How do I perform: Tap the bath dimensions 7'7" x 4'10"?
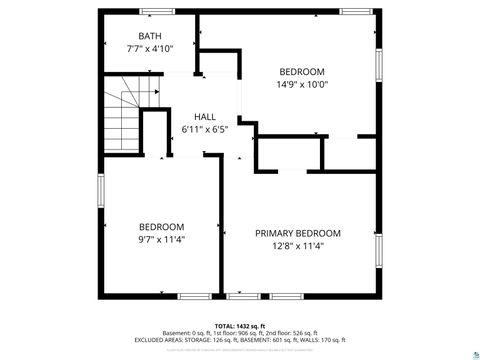point(149,48)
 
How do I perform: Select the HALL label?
point(205,117)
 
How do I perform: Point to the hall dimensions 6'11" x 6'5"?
point(205,129)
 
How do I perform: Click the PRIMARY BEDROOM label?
point(297,233)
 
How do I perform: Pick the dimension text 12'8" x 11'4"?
point(297,245)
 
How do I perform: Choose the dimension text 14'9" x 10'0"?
point(302,84)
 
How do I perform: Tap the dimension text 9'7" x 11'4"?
point(161,238)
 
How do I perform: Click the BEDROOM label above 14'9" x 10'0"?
point(302,72)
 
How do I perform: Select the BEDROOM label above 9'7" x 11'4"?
point(161,226)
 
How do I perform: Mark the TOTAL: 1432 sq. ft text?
point(239,326)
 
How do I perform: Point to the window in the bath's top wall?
point(156,11)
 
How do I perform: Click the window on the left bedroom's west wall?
point(100,190)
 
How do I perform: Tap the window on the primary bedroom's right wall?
point(378,250)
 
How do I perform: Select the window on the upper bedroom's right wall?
point(378,69)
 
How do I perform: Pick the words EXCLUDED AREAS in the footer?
point(160,340)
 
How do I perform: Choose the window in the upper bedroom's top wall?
point(354,11)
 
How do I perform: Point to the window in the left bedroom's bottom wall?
point(194,296)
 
